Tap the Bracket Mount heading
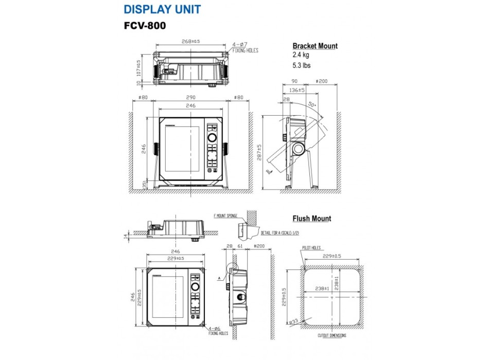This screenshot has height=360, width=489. point(315,46)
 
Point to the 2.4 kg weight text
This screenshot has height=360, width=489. point(301,55)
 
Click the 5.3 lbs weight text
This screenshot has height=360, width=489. point(302,65)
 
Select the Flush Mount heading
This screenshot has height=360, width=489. point(312,219)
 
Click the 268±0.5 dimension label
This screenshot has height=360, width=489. point(190,41)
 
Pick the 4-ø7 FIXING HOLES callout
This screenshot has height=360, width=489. point(245,48)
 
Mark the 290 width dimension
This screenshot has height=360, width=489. point(191,97)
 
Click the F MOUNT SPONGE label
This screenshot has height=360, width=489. point(225,216)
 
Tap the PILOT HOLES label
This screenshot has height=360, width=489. point(311,248)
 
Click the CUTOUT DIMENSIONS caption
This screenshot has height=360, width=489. point(331,336)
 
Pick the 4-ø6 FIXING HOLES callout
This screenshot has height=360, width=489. point(218,330)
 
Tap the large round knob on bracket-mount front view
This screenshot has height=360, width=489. point(212,138)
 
